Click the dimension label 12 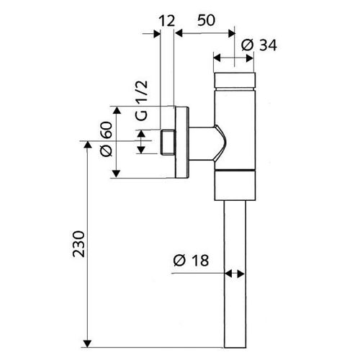coord(167,21)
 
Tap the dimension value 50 coord(207,20)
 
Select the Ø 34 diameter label coord(259,45)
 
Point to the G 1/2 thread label coord(142,101)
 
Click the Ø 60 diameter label coord(106,139)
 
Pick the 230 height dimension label coord(79,244)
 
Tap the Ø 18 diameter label coord(191,261)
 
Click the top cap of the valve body coord(235,81)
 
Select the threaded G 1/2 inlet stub coord(168,142)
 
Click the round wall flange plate coord(182,143)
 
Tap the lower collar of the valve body coord(235,185)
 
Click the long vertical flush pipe coord(235,274)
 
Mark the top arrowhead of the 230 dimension coord(88,145)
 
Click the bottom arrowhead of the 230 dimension coord(88,343)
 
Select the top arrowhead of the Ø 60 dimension coord(117,110)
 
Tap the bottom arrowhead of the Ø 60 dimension coord(116,174)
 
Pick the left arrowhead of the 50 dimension coord(179,33)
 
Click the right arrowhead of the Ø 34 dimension coord(250,58)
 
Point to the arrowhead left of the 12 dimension coord(157,34)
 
